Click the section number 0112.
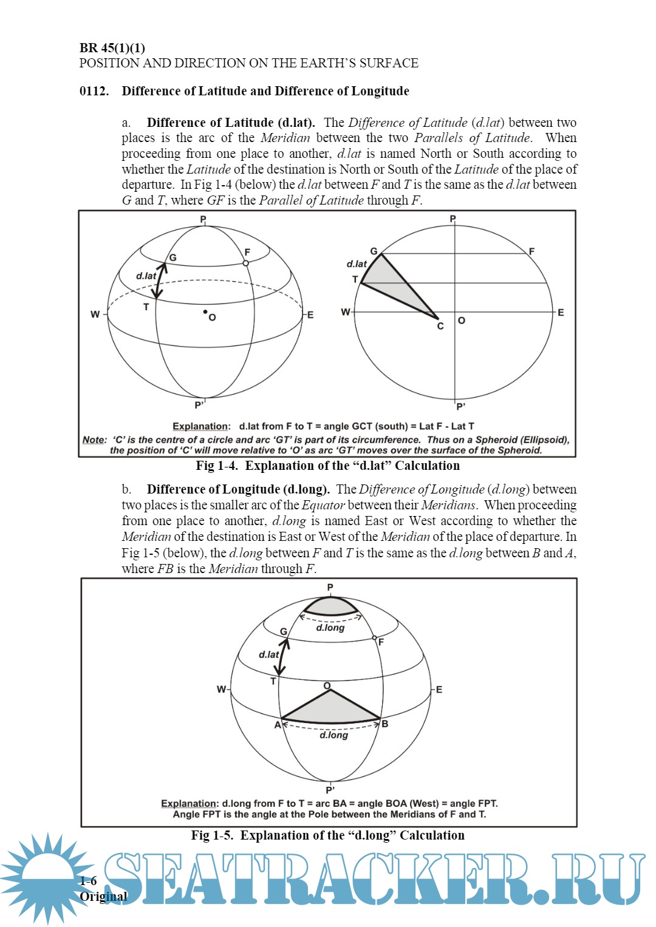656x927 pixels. [x=94, y=91]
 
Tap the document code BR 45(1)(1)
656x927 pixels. [x=112, y=48]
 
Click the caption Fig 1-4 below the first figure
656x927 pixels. [x=327, y=466]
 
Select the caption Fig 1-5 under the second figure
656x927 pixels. [x=327, y=835]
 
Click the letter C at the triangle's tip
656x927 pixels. [x=440, y=327]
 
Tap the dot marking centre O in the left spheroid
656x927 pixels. [x=205, y=312]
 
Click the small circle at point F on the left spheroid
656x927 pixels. [x=246, y=263]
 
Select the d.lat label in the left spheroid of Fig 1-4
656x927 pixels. [x=146, y=276]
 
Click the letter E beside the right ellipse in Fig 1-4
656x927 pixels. [x=561, y=313]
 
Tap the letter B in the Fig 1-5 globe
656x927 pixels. [x=385, y=724]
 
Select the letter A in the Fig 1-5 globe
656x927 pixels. [x=278, y=725]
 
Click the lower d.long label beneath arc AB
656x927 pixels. [x=333, y=735]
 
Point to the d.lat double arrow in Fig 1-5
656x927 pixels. [x=282, y=656]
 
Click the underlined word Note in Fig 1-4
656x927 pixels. [x=94, y=440]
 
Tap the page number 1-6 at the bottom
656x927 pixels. [x=88, y=881]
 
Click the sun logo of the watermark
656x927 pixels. [x=46, y=877]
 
